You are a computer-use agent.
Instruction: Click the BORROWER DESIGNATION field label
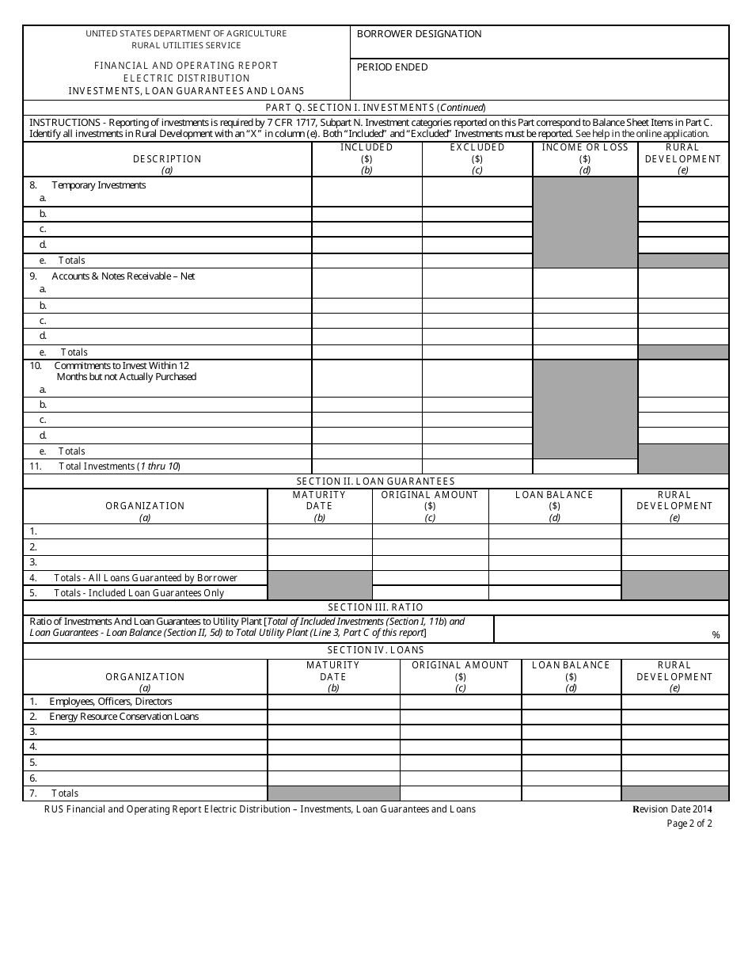pos(419,34)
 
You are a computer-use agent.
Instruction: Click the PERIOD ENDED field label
pos(392,67)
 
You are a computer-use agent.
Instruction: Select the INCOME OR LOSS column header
pos(585,147)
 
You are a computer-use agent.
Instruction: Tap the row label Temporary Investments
pos(98,185)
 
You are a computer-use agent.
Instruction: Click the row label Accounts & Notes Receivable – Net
pos(123,276)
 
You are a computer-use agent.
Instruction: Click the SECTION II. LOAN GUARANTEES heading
pos(375,481)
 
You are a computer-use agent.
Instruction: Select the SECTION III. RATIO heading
pos(375,607)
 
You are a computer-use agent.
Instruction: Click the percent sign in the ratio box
pos(716,635)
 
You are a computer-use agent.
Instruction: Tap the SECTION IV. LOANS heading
pos(375,650)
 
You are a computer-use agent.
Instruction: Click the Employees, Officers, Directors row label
pos(110,702)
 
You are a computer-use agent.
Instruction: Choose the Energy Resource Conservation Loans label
pos(123,717)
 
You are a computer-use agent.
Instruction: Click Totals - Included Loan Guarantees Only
pos(139,593)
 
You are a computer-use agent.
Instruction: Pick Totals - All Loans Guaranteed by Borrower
pos(145,578)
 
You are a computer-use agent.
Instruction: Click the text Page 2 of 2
pos(689,824)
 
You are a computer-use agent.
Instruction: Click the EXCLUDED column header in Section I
pos(477,147)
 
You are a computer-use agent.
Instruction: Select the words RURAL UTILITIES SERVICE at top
pos(186,45)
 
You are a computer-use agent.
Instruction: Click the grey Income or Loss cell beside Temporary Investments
pos(585,222)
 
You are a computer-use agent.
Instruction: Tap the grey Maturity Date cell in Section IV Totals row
pos(333,793)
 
